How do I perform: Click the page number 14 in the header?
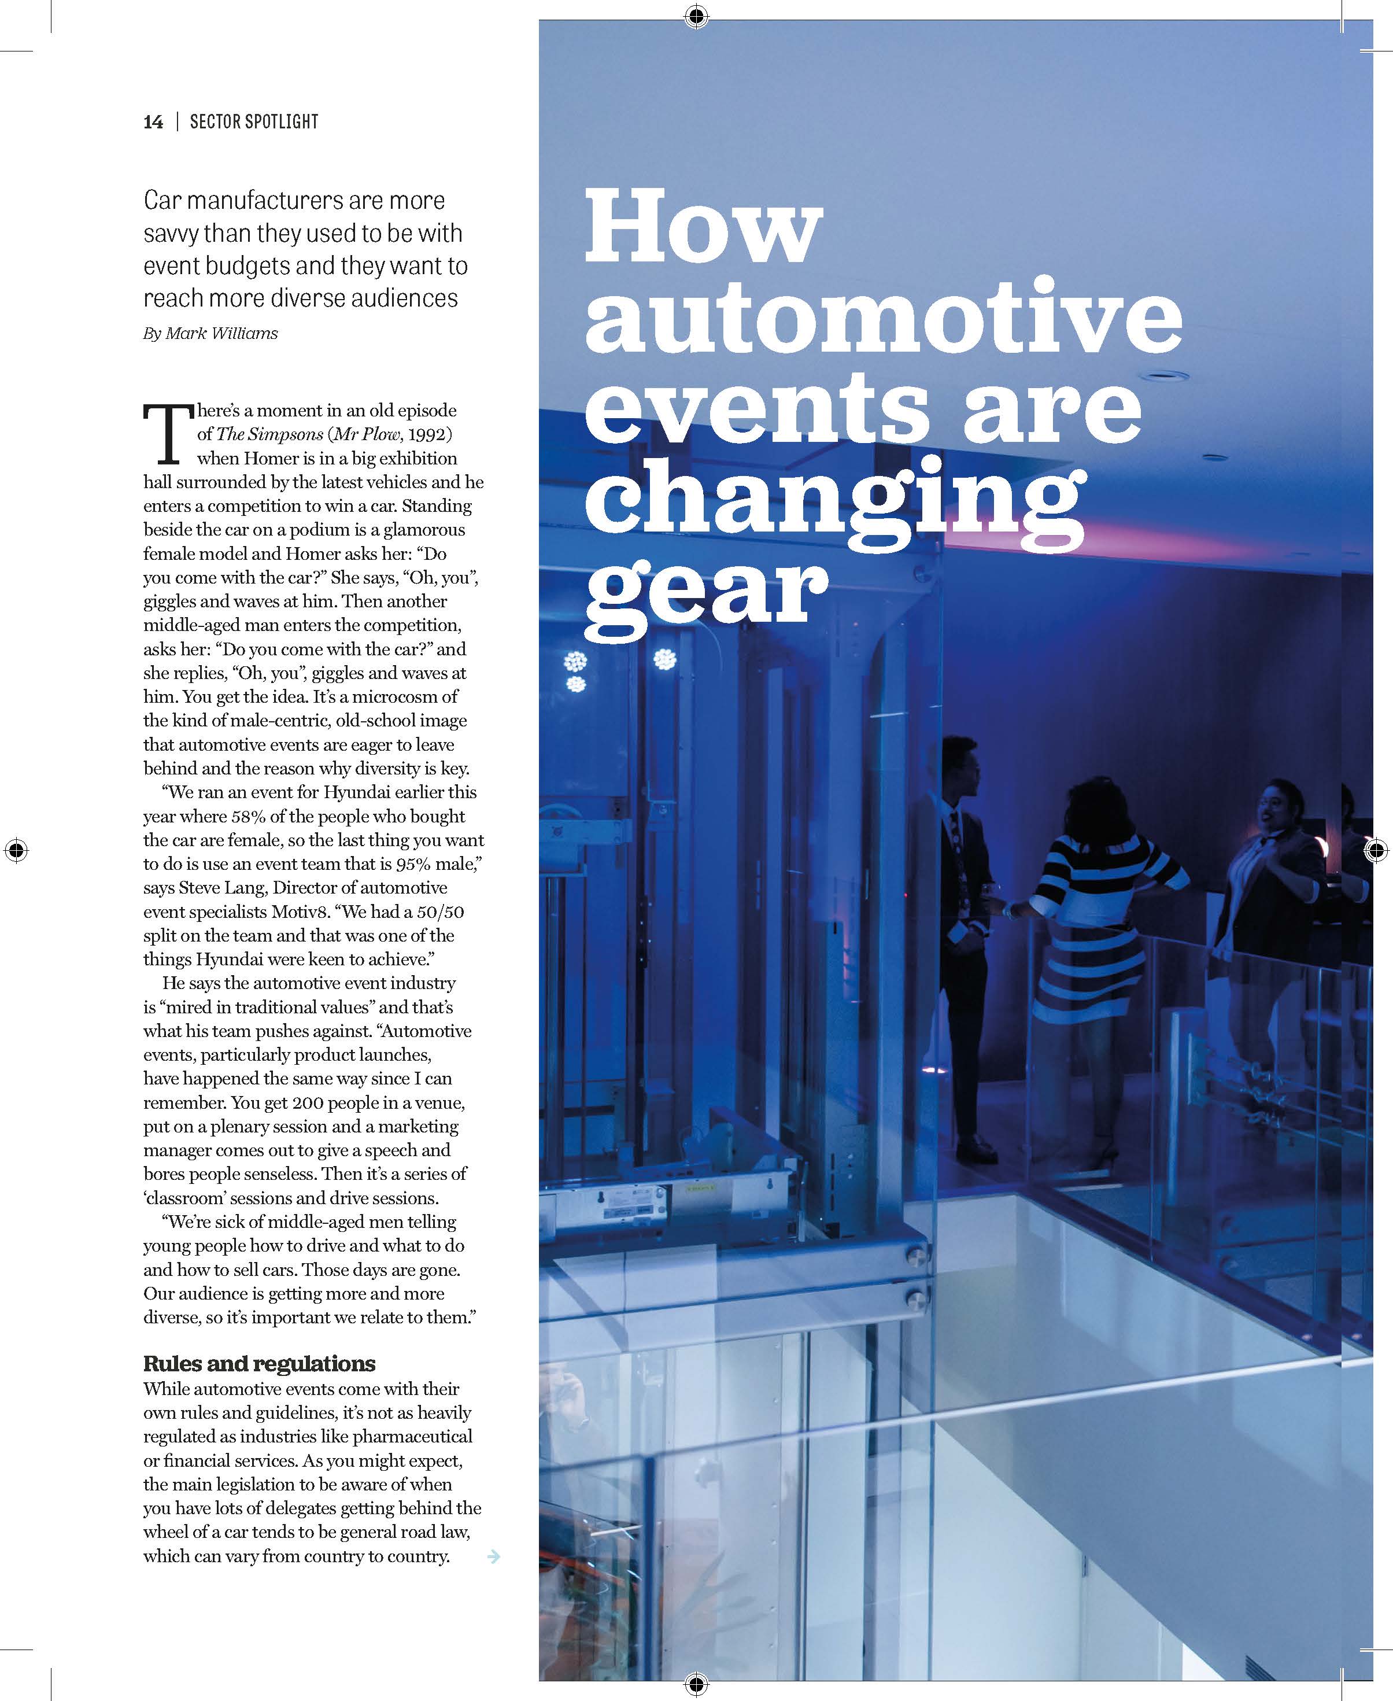point(153,122)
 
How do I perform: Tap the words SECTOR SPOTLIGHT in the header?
point(254,122)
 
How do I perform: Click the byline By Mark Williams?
point(210,333)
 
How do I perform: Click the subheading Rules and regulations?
point(259,1364)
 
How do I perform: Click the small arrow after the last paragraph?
point(494,1556)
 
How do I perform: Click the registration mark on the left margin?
point(16,849)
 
